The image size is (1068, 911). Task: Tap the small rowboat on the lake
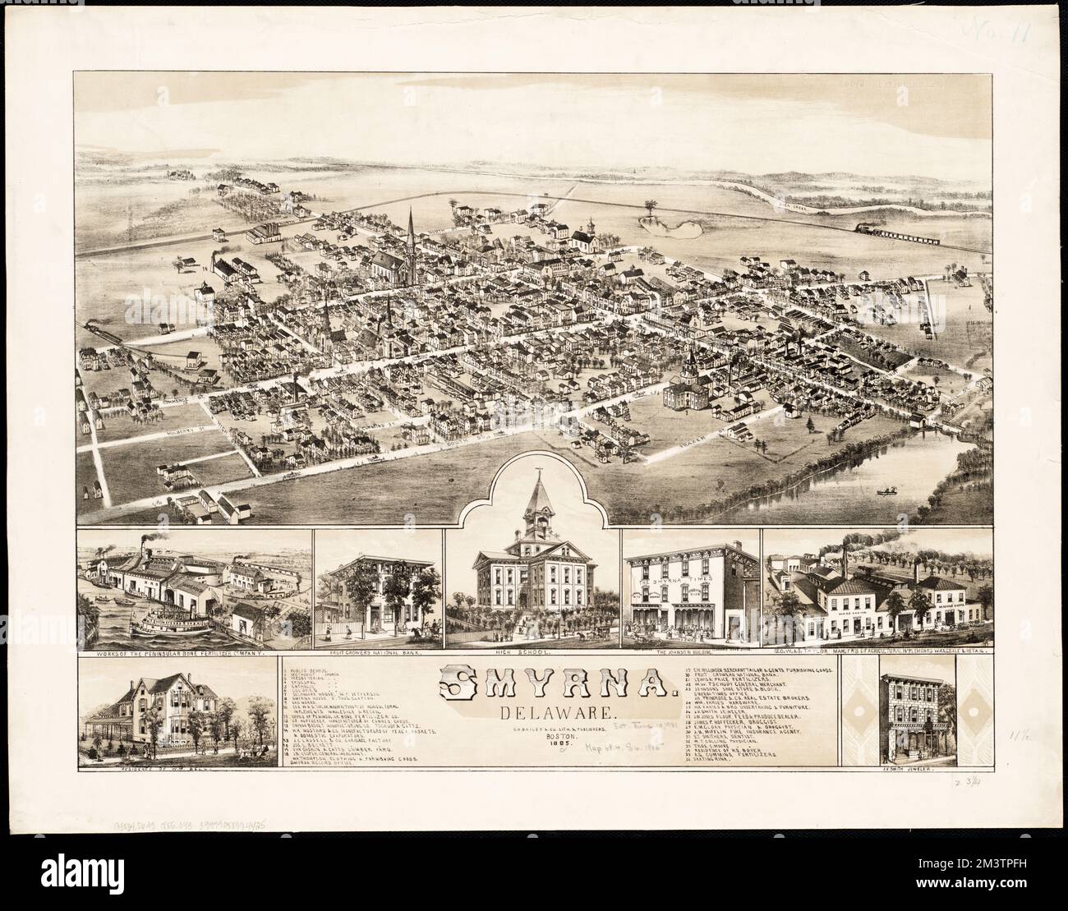[885, 492]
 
